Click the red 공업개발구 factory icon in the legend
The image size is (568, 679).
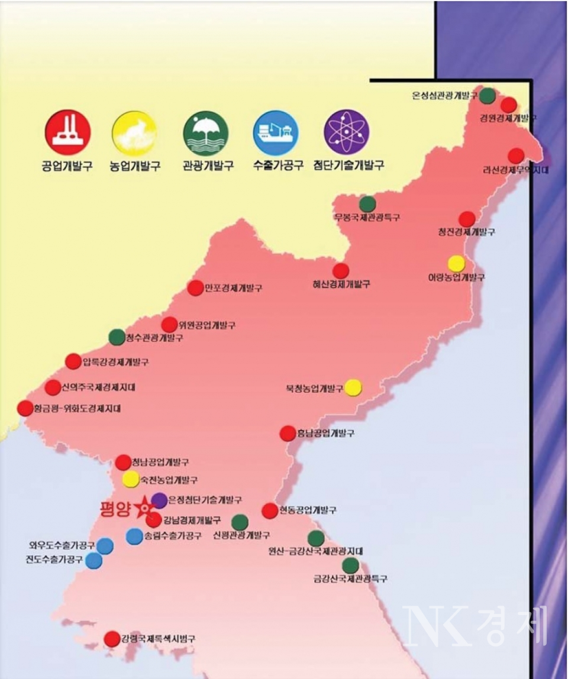point(67,132)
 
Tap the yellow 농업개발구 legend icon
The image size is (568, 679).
point(134,132)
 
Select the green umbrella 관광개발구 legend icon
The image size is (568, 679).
point(206,132)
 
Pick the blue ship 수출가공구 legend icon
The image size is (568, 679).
point(276,132)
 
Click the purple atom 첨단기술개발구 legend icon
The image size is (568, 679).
point(347,132)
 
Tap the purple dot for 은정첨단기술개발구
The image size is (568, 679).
point(159,500)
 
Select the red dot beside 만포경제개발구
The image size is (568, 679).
point(195,288)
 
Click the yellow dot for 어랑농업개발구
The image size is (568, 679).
point(456,263)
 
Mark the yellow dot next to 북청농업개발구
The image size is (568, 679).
point(353,387)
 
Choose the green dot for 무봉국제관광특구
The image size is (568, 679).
point(367,204)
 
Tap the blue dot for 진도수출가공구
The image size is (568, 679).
point(93,560)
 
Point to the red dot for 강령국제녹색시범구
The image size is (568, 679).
point(112,639)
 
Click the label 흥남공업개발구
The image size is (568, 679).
point(327,434)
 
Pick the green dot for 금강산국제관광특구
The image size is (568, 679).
point(350,565)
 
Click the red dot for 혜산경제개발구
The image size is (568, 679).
point(340,271)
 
